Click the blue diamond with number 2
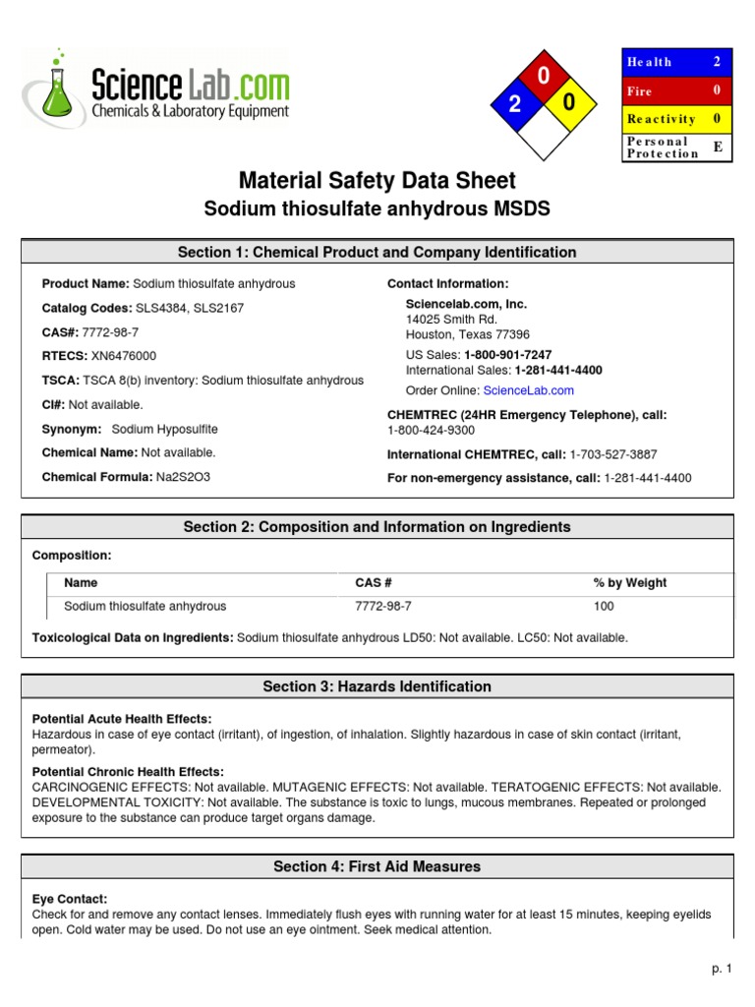(x=514, y=105)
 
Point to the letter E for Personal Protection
(x=717, y=147)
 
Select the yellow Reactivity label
(x=662, y=119)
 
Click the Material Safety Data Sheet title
(x=377, y=181)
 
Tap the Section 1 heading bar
(x=377, y=253)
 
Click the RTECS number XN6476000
(x=120, y=356)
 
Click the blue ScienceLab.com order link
(x=528, y=390)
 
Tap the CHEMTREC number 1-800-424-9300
(x=431, y=431)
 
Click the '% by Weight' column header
(x=629, y=583)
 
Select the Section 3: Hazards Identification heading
(x=377, y=686)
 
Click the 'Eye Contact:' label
(x=70, y=899)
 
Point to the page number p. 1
(x=722, y=969)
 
